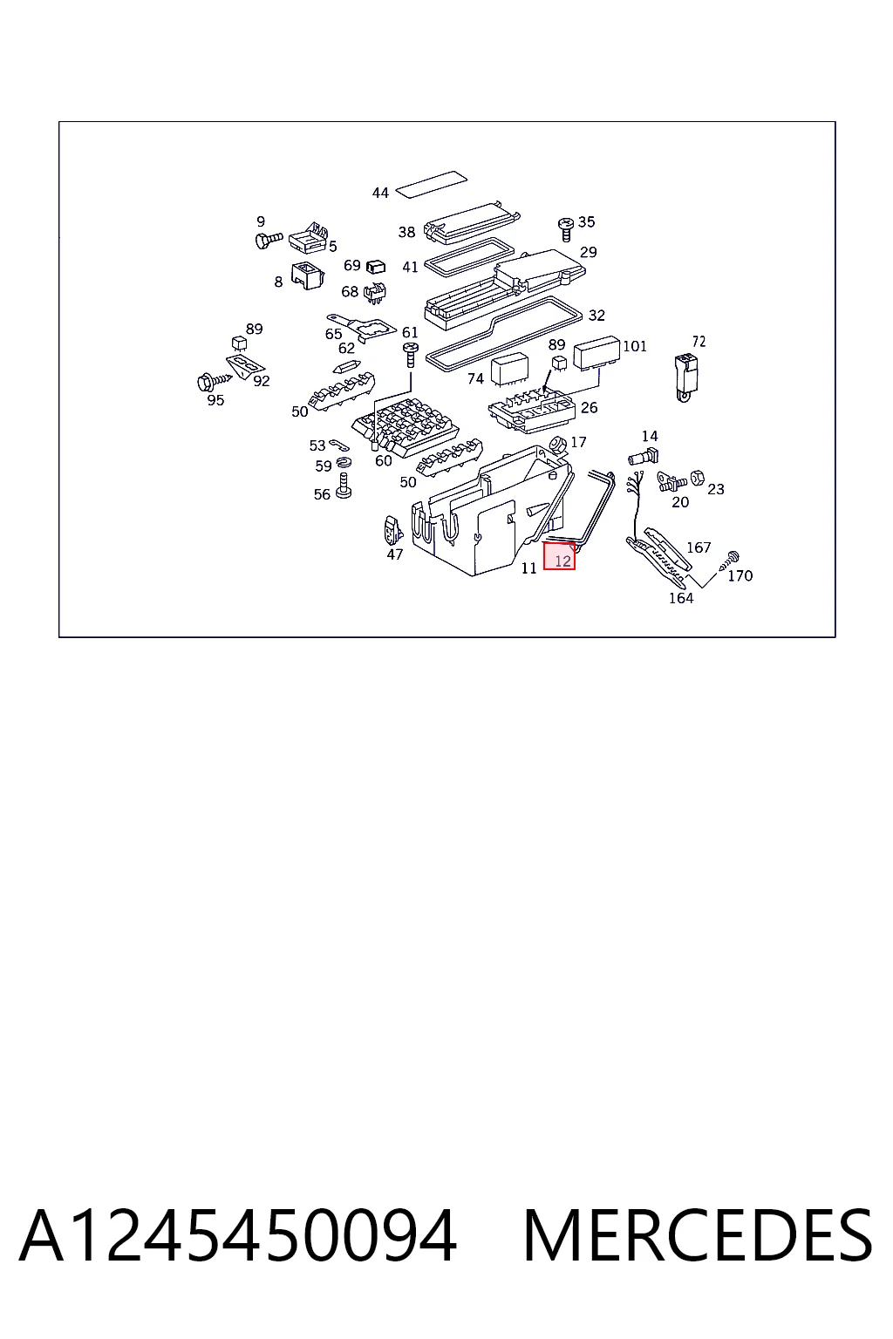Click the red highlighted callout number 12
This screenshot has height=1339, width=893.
point(559,556)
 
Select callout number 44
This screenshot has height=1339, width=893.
point(380,193)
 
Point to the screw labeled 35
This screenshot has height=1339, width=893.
point(566,229)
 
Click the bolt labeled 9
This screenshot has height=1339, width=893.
point(268,241)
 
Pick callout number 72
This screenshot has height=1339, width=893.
point(699,342)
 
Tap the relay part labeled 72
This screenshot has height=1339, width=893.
point(685,377)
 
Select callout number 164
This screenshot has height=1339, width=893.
point(681,598)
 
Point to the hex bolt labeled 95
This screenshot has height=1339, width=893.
point(215,379)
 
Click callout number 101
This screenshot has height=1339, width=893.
point(635,346)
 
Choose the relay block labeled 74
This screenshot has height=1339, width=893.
point(509,370)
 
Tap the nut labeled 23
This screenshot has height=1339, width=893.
point(697,478)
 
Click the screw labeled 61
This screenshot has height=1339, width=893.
point(411,355)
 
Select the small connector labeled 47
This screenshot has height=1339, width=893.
point(393,530)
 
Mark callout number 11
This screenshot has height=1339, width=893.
point(528,568)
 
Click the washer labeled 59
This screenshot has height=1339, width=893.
point(344,462)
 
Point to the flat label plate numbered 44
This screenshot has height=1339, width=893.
point(432,181)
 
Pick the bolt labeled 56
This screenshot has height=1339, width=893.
point(344,486)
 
